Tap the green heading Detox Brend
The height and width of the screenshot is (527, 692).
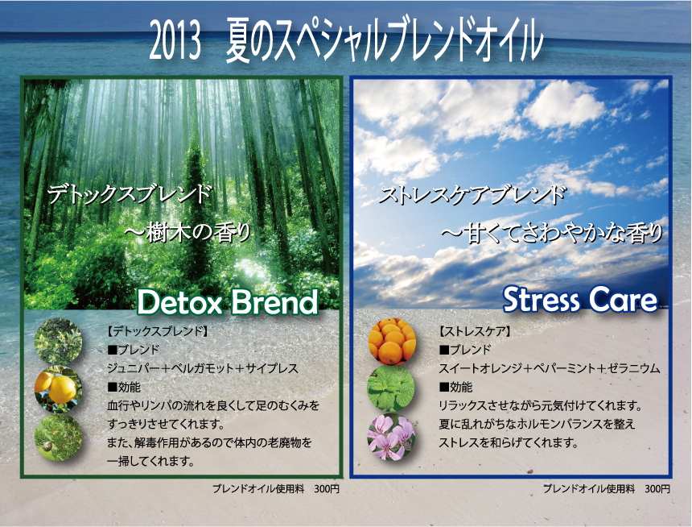[227, 302]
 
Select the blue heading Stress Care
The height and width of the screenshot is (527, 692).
[580, 300]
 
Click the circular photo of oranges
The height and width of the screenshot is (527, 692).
[392, 342]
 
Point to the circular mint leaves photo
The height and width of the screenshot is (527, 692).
[391, 388]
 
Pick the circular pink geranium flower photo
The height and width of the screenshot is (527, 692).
[391, 437]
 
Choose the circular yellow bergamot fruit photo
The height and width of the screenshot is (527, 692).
[58, 389]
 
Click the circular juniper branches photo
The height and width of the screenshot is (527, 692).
[58, 342]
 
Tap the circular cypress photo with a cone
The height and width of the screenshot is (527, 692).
[58, 438]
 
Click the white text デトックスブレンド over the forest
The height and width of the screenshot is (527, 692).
[130, 195]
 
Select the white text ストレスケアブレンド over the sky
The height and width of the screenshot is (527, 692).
[472, 195]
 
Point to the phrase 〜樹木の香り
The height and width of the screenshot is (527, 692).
[187, 233]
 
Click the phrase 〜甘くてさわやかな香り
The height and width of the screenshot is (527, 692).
[552, 234]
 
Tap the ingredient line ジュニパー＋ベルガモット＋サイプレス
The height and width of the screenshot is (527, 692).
[203, 368]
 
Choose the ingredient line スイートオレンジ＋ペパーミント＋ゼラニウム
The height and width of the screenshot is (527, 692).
[550, 368]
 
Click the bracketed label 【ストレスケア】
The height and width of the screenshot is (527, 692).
[475, 331]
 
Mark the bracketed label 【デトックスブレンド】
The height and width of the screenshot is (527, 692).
[158, 331]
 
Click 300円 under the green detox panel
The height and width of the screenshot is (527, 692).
[327, 489]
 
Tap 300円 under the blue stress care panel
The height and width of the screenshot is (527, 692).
[657, 489]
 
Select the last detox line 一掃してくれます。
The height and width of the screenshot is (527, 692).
[151, 461]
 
